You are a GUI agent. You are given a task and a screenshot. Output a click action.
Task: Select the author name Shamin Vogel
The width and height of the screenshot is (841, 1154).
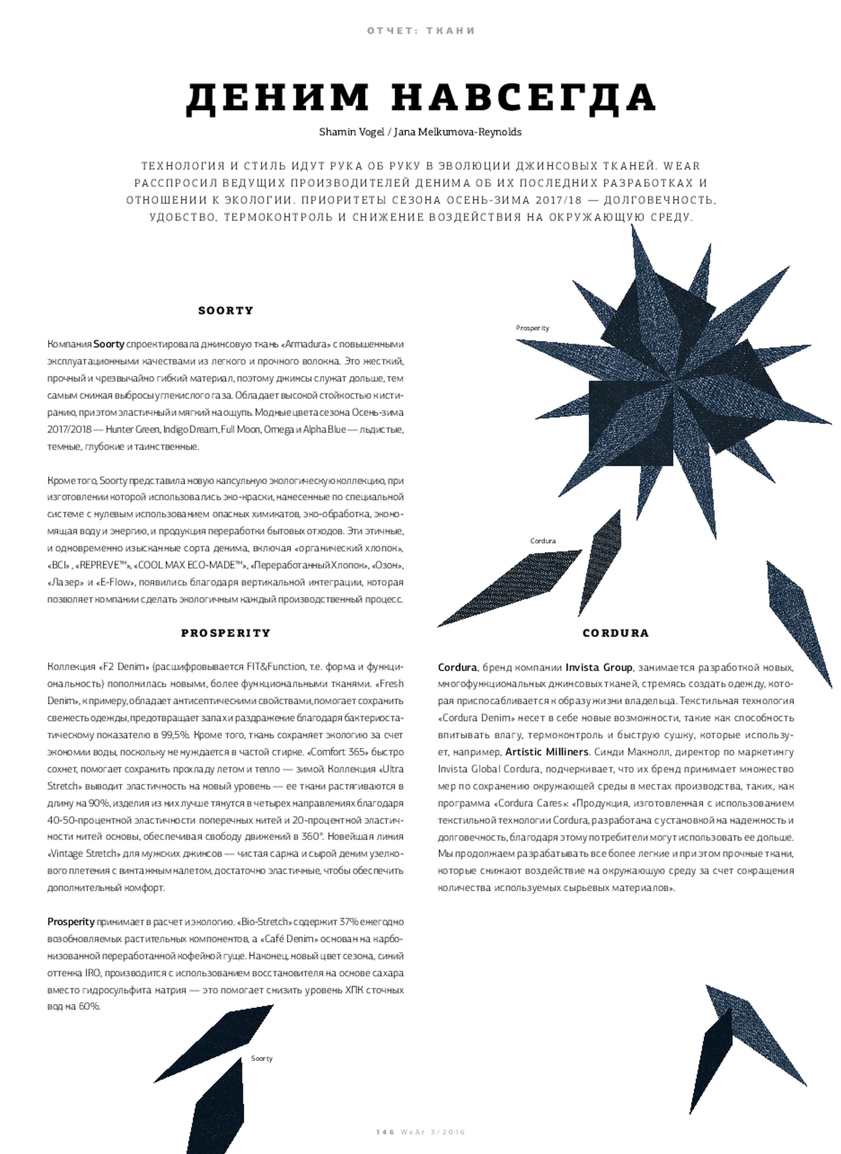pos(351,132)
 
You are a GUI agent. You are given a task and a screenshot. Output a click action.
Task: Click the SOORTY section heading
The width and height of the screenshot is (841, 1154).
pos(225,310)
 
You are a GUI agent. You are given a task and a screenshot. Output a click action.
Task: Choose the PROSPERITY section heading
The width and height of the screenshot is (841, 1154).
pos(225,633)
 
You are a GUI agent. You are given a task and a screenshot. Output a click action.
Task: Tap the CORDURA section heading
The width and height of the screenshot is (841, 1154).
pos(616,633)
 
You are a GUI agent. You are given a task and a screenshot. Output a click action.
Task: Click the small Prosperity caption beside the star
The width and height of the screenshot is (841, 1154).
pos(532,328)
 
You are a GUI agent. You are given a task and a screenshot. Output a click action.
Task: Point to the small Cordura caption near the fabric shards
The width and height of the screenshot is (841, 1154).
pos(543,541)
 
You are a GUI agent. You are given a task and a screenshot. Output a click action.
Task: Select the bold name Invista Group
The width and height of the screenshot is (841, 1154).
pos(599,668)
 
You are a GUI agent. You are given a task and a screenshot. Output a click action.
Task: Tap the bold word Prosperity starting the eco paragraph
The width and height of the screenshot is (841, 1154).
pos(71,922)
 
